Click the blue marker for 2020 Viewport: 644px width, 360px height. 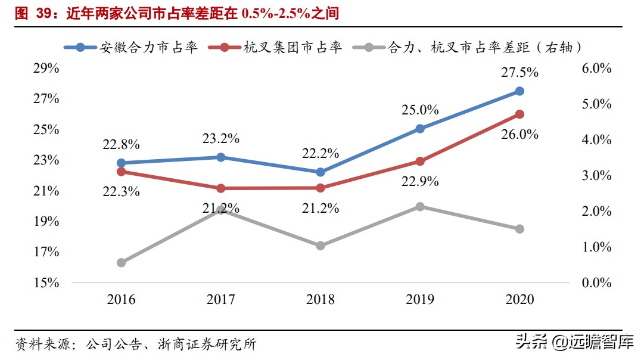click(x=519, y=91)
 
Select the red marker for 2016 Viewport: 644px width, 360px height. click(x=122, y=172)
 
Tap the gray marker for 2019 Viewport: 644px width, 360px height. click(x=420, y=207)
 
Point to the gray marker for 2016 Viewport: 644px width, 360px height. click(x=122, y=262)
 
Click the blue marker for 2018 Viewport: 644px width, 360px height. click(x=321, y=172)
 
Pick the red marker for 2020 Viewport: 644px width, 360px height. click(x=519, y=114)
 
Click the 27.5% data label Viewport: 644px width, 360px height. click(x=519, y=73)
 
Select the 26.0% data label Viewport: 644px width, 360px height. click(x=519, y=135)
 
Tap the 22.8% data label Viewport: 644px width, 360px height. click(x=120, y=144)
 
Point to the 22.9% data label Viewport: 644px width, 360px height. click(x=419, y=181)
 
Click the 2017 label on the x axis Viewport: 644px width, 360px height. click(x=221, y=299)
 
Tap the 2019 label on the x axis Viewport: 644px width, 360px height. click(x=420, y=299)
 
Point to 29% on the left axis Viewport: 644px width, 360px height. click(x=46, y=69)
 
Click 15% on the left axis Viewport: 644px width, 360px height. click(x=46, y=283)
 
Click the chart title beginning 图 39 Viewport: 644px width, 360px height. click(x=176, y=13)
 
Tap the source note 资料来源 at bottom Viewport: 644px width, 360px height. click(x=136, y=344)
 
